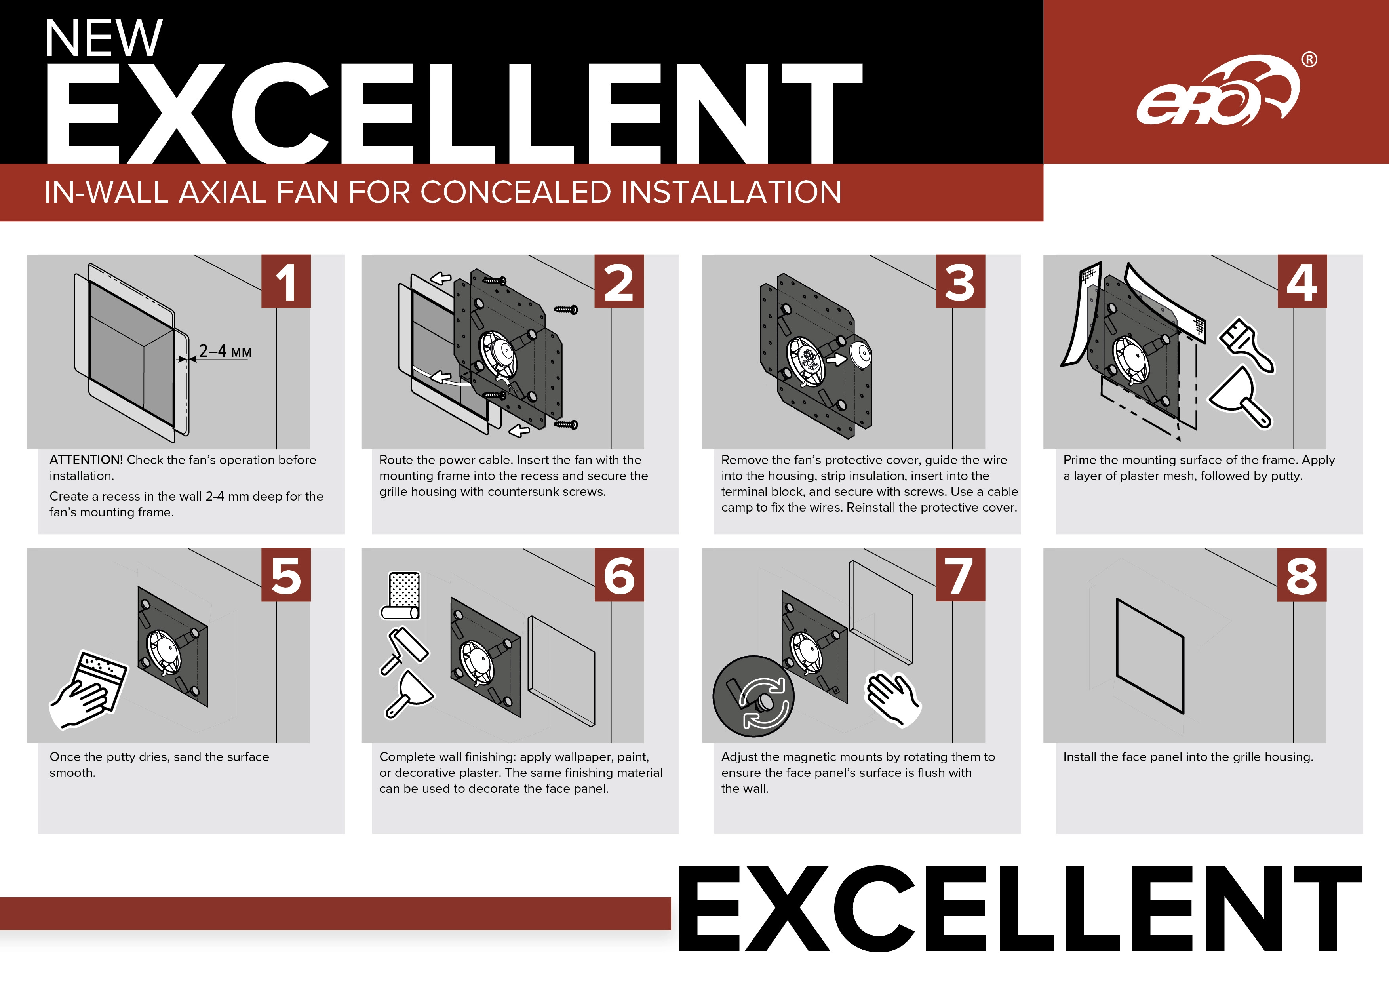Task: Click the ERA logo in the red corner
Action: tap(1217, 91)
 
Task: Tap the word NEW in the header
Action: tap(103, 38)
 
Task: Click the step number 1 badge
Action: tap(285, 282)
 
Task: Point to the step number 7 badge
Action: tap(960, 575)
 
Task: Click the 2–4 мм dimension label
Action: tap(225, 351)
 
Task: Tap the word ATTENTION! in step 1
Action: tap(86, 460)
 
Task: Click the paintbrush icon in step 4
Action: tap(1247, 345)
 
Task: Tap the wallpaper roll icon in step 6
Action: tap(400, 596)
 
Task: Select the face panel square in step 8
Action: tap(1150, 657)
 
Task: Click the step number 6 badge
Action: tap(619, 575)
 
